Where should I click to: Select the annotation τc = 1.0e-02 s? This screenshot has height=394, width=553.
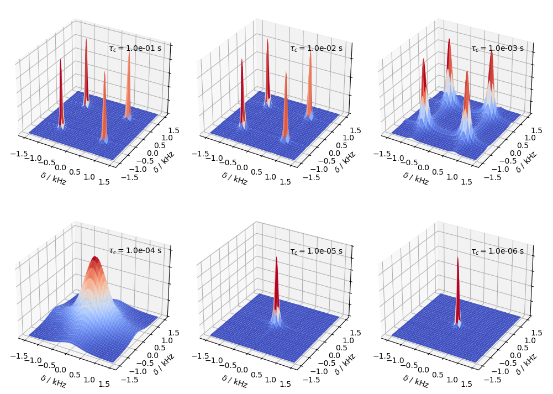pos(316,48)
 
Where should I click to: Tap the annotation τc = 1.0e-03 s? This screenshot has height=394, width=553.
pos(497,48)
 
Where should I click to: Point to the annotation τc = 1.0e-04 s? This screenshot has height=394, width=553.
pos(135,250)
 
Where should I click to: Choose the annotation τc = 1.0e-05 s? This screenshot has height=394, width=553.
pos(316,250)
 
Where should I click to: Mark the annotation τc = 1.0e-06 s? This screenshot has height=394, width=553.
pos(497,250)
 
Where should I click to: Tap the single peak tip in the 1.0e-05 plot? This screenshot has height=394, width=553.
pos(276,258)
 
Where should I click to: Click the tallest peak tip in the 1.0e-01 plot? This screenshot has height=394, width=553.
pos(86,40)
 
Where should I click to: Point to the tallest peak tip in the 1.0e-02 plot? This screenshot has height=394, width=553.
pos(267,39)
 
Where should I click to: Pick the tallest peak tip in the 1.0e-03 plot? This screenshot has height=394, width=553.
pos(449,39)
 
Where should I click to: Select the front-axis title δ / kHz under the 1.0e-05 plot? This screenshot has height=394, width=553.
pos(234,381)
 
